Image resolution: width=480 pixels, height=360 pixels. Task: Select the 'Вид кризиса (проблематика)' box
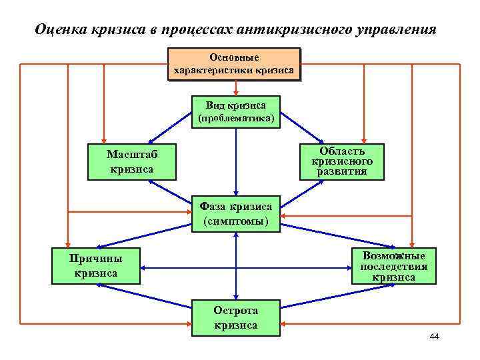coord(236,112)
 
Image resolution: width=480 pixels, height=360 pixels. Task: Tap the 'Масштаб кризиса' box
coord(131,162)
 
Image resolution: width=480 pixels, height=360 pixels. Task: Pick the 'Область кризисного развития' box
coord(342,162)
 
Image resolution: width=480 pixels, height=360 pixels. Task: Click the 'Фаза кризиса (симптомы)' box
coord(236,214)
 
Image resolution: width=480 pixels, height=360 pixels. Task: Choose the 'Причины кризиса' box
coord(96,266)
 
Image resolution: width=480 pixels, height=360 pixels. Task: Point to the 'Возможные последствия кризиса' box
coord(393,266)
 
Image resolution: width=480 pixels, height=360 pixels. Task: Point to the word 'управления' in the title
coord(400,30)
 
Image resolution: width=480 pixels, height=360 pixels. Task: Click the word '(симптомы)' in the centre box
coord(236,221)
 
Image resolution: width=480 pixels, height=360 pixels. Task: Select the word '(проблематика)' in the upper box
coord(236,119)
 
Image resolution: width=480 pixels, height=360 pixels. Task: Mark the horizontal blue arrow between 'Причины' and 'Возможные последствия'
coord(247,267)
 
